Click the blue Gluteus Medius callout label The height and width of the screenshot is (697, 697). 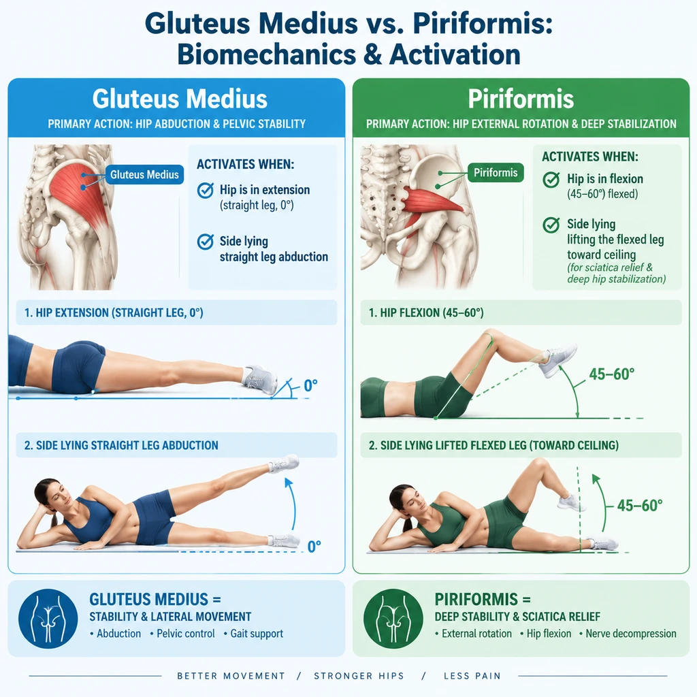tap(144, 175)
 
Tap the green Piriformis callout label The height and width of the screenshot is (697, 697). tap(496, 172)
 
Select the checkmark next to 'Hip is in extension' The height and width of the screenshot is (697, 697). tap(205, 191)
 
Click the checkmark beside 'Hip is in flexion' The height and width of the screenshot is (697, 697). tap(551, 180)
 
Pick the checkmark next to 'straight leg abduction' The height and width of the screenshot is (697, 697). tap(205, 242)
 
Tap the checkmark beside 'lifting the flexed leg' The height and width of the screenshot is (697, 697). tap(551, 225)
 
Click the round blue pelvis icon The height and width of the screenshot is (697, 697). tap(48, 618)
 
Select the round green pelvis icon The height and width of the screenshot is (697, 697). tap(393, 618)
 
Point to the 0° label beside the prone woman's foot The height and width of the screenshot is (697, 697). tap(310, 385)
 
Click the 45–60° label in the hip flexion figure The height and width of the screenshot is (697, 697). tap(612, 374)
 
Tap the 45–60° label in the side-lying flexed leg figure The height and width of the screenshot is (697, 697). tap(640, 506)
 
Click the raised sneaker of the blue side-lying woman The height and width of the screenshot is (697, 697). tap(284, 463)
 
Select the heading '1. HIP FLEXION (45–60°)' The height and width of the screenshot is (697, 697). tap(426, 312)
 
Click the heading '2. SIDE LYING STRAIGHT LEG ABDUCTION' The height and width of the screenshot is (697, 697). tap(121, 445)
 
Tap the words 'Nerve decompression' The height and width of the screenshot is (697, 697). tap(631, 634)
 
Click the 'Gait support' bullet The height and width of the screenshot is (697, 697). tap(257, 634)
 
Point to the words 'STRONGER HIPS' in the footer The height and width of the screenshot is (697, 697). tap(359, 676)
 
